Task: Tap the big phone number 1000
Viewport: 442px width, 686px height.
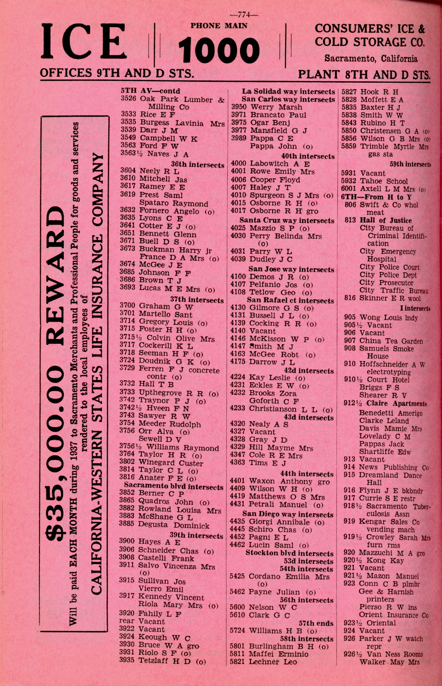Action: pyautogui.click(x=219, y=51)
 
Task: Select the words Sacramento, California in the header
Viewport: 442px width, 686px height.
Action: pyautogui.click(x=371, y=59)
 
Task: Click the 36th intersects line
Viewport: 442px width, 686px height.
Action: pyautogui.click(x=197, y=164)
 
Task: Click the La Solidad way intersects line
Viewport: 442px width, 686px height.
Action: pyautogui.click(x=288, y=91)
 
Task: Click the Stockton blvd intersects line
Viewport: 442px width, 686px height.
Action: pyautogui.click(x=289, y=553)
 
